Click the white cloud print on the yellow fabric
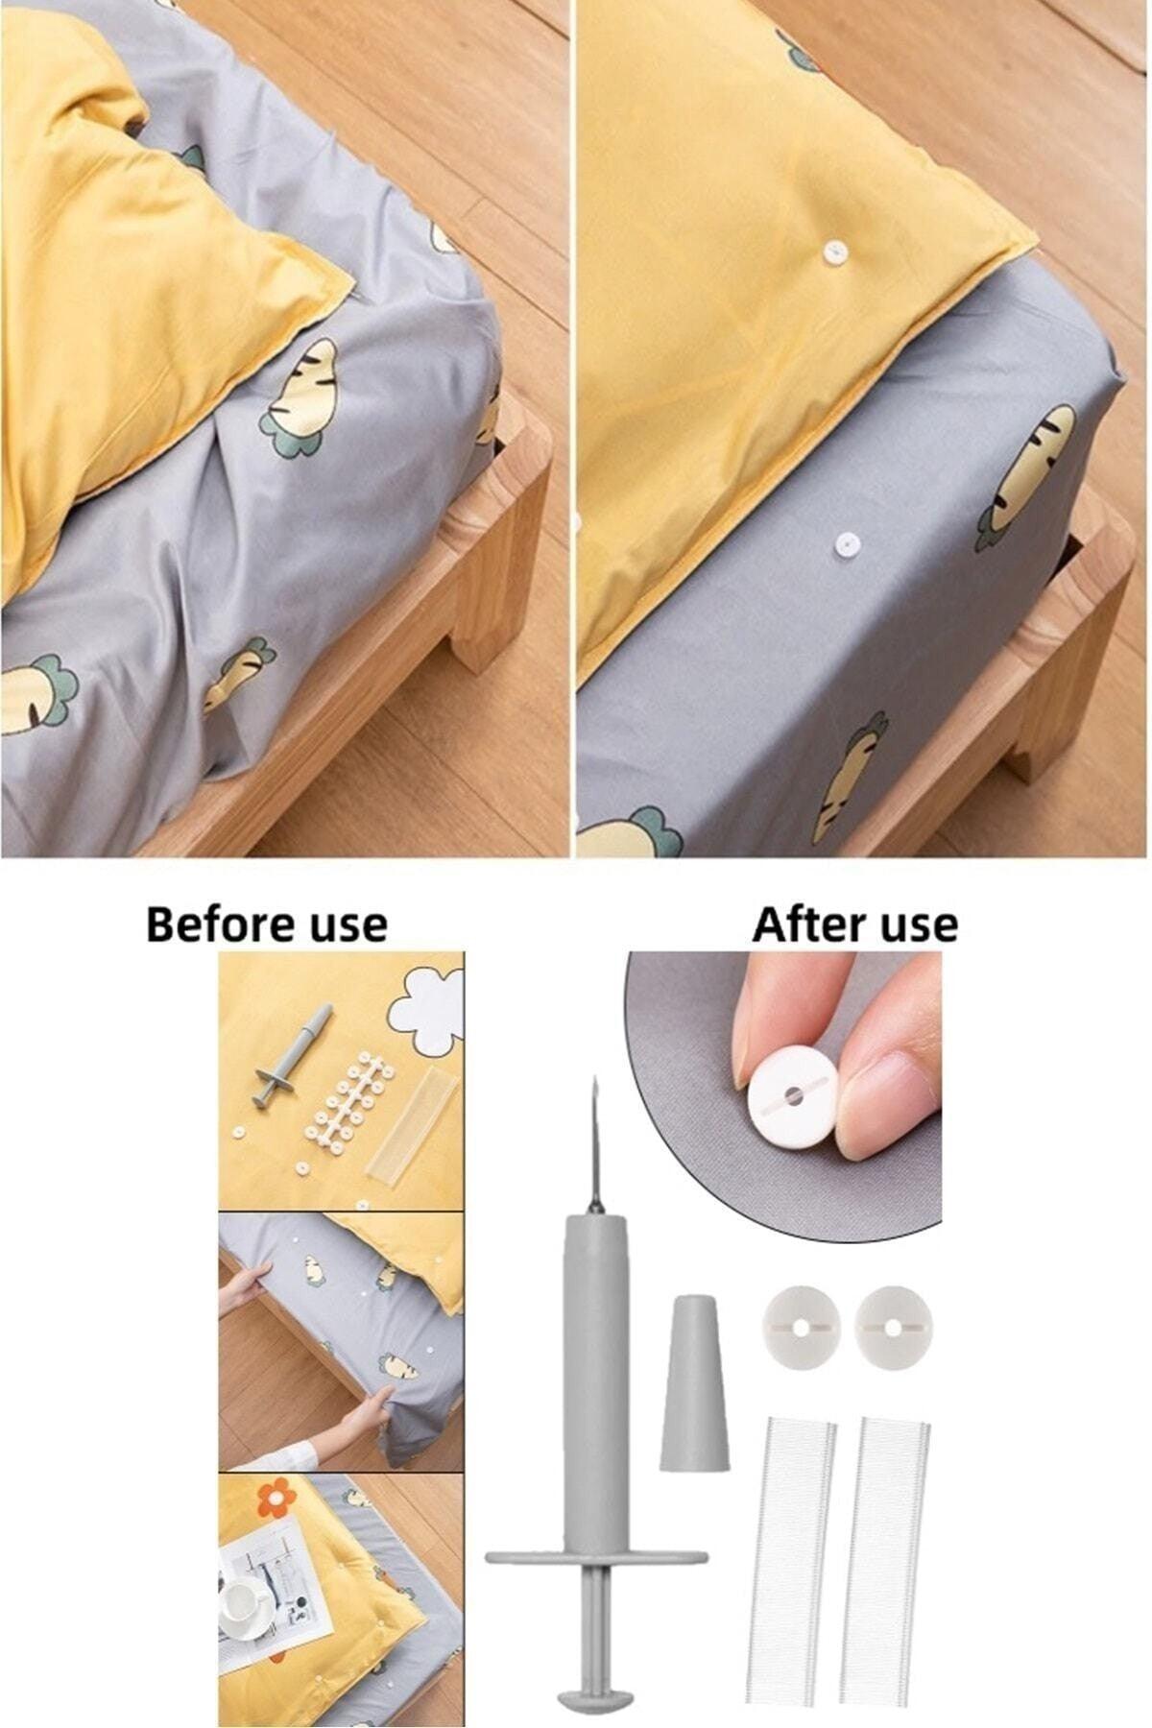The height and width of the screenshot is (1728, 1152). click(x=426, y=1009)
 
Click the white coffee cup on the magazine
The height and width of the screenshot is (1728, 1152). click(x=242, y=1599)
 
